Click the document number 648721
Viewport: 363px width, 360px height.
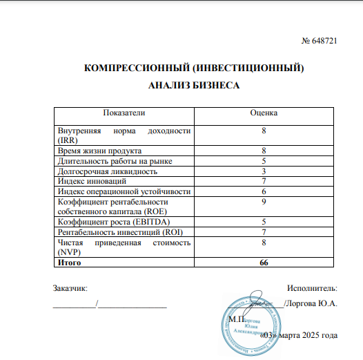tap(323, 42)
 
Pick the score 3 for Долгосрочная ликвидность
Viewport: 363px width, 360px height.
tap(264, 171)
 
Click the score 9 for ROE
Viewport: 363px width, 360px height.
tap(264, 201)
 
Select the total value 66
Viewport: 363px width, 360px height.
tap(264, 262)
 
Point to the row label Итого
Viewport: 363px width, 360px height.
tap(69, 262)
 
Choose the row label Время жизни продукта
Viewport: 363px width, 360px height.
tap(100, 151)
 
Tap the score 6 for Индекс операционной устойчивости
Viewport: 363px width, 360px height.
tap(264, 191)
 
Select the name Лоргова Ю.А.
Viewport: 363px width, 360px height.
tap(312, 303)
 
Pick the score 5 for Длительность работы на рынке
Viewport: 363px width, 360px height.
tap(264, 160)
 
